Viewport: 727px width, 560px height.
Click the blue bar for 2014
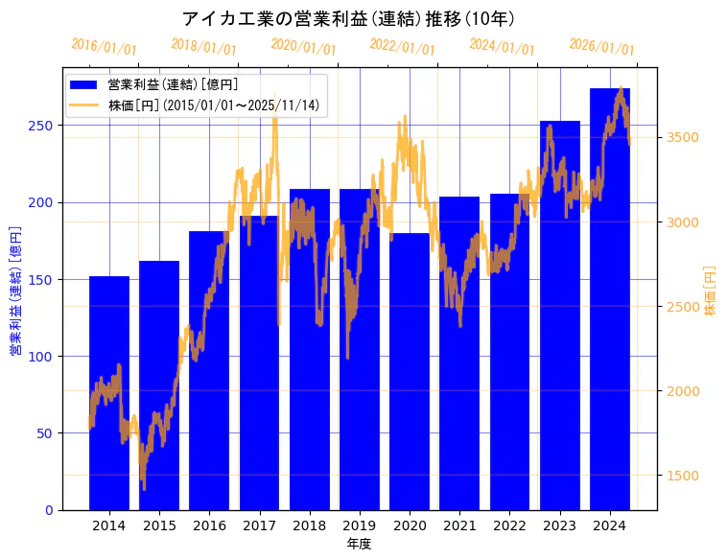point(109,393)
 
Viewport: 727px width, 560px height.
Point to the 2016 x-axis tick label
point(209,525)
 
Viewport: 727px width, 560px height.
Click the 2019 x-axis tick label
point(360,525)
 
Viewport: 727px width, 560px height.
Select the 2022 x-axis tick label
point(509,525)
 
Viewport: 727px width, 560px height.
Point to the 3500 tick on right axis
point(682,137)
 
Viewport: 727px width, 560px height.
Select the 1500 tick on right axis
point(682,475)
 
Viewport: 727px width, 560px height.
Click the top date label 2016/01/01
point(105,47)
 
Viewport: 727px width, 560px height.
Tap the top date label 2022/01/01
point(403,47)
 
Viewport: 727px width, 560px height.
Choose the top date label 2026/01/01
point(602,47)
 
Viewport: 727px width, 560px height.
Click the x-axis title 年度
point(359,544)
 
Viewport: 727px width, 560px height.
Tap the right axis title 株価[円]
point(711,290)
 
